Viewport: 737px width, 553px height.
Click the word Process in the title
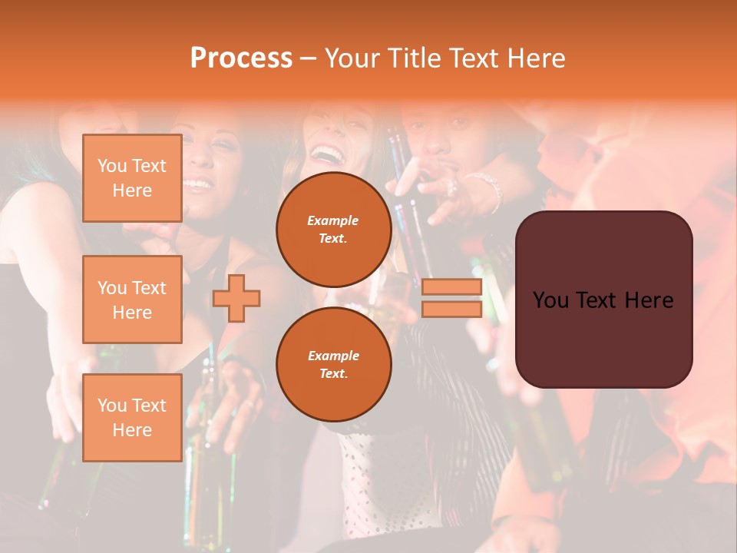click(241, 58)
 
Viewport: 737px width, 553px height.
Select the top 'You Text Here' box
click(132, 178)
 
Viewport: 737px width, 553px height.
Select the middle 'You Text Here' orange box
click(132, 300)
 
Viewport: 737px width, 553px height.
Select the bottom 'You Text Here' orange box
click(132, 418)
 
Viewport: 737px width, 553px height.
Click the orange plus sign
click(236, 298)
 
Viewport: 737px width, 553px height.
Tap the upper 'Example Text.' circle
click(333, 230)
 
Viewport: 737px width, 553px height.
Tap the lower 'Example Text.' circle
click(333, 364)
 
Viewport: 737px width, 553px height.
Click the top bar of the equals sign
click(451, 287)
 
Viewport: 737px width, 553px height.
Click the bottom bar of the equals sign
click(451, 309)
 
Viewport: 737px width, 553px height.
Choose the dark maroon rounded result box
click(603, 338)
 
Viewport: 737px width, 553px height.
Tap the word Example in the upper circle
click(333, 220)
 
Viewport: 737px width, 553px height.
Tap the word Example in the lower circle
click(333, 356)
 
